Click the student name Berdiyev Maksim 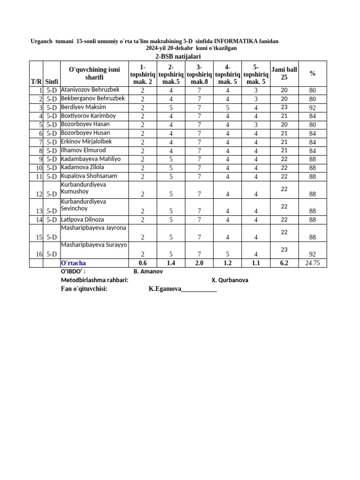(83, 107)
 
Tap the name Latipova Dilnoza (82, 219)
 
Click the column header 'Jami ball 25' (284, 73)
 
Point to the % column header (312, 73)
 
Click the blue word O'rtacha (74, 263)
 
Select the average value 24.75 (312, 263)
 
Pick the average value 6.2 (284, 263)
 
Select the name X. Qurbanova (230, 280)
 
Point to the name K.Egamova (165, 289)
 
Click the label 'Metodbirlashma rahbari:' (92, 280)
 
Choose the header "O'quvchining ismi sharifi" (94, 73)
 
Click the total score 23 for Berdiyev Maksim (284, 107)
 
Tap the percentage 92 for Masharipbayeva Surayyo (312, 254)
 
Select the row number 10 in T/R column (39, 168)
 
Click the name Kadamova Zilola (82, 167)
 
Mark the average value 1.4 (171, 263)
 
